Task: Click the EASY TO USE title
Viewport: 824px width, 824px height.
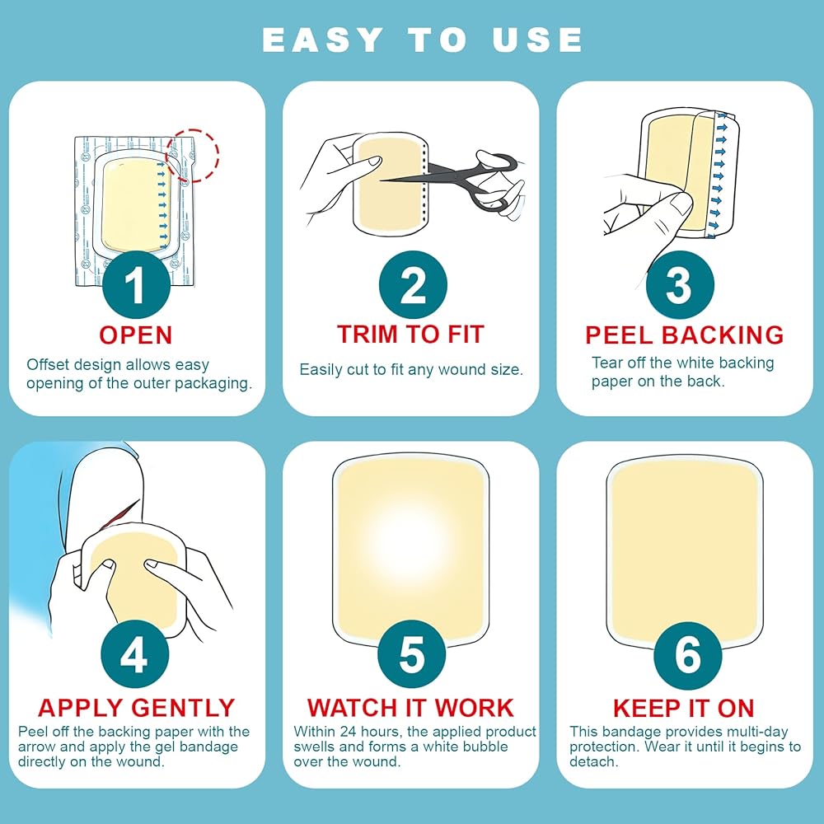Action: (422, 40)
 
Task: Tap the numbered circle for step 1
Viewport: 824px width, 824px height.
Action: (137, 284)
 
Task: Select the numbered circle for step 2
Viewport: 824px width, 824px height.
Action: (413, 284)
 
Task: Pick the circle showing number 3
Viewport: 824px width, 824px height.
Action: (680, 284)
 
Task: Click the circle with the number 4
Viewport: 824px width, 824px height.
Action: (134, 653)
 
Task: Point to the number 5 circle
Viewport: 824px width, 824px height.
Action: (411, 654)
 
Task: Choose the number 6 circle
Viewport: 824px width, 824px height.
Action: (687, 655)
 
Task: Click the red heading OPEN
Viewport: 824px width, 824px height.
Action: (136, 335)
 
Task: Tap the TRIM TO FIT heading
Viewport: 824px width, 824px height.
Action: (410, 335)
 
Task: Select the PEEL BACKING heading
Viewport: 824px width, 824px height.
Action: (684, 335)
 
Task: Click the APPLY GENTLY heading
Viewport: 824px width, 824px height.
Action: (137, 707)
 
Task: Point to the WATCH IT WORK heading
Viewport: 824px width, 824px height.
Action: (410, 707)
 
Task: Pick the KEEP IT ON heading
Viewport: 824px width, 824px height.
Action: (684, 708)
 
